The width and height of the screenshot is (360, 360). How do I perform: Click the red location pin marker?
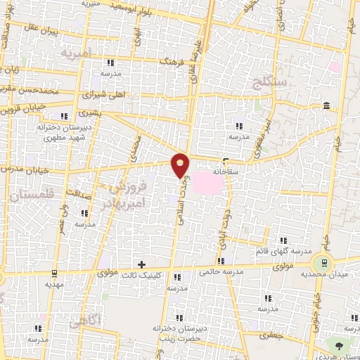tap(181, 165)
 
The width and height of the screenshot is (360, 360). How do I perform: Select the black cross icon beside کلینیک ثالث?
tap(142, 264)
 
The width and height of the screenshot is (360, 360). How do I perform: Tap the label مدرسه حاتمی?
tap(220, 271)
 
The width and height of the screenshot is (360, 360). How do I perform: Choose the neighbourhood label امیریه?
tap(77, 53)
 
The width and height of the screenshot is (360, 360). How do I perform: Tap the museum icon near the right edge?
tap(327, 105)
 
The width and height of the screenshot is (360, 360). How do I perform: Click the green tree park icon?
tap(340, 345)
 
